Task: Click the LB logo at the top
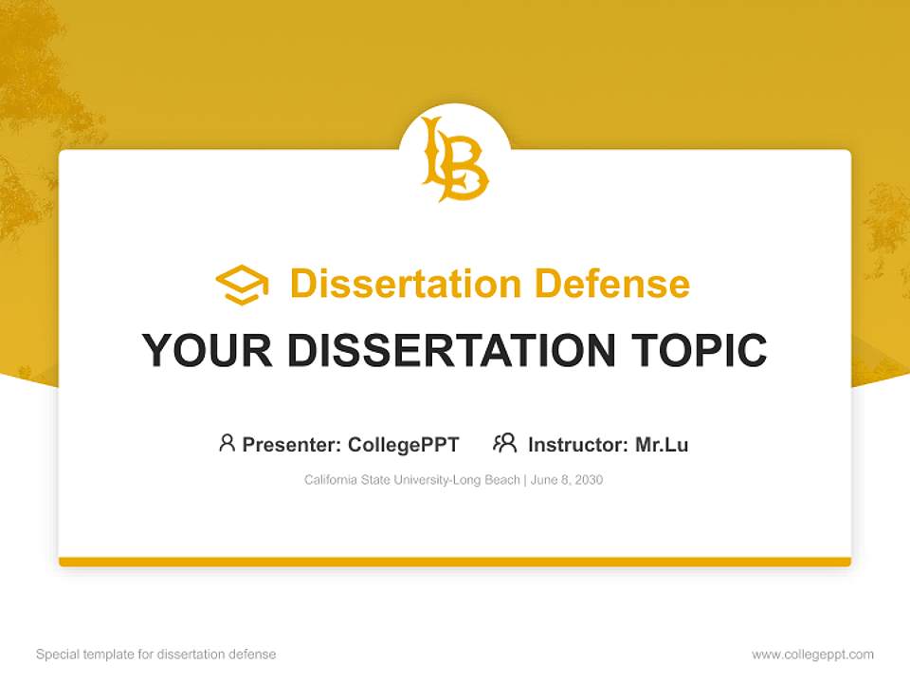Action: pyautogui.click(x=455, y=158)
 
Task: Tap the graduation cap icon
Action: pyautogui.click(x=242, y=285)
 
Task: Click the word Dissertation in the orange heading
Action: pyautogui.click(x=405, y=284)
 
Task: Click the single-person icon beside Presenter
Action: pyautogui.click(x=227, y=443)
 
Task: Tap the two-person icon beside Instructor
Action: pyautogui.click(x=504, y=443)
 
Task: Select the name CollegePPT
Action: pyautogui.click(x=403, y=445)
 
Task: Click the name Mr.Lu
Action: pyautogui.click(x=662, y=445)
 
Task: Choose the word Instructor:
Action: pyautogui.click(x=577, y=445)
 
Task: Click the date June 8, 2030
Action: pyautogui.click(x=567, y=480)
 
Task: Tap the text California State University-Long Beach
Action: pyautogui.click(x=411, y=480)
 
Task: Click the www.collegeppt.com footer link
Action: pyautogui.click(x=812, y=655)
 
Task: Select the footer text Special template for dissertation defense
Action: pyautogui.click(x=155, y=655)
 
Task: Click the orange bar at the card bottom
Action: pyautogui.click(x=455, y=562)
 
